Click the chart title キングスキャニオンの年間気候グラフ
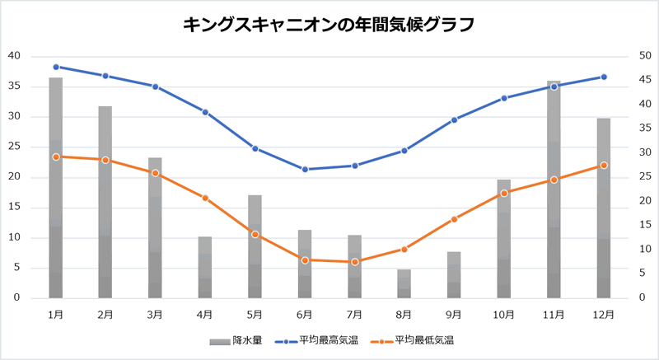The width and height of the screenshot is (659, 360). pos(329,25)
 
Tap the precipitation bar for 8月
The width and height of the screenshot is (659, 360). pos(404,284)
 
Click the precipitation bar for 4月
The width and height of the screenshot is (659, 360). pos(205,268)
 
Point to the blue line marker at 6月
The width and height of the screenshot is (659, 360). pos(305,170)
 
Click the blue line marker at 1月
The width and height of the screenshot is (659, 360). pos(56,67)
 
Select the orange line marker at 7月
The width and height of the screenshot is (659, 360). pos(355,262)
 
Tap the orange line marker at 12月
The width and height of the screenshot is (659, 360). pos(604,165)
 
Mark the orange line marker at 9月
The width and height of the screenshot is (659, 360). pos(454,219)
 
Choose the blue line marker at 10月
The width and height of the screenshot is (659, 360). pos(504,98)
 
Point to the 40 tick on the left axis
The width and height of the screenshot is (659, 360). pos(15,56)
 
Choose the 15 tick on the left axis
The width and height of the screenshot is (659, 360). pos(15,208)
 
